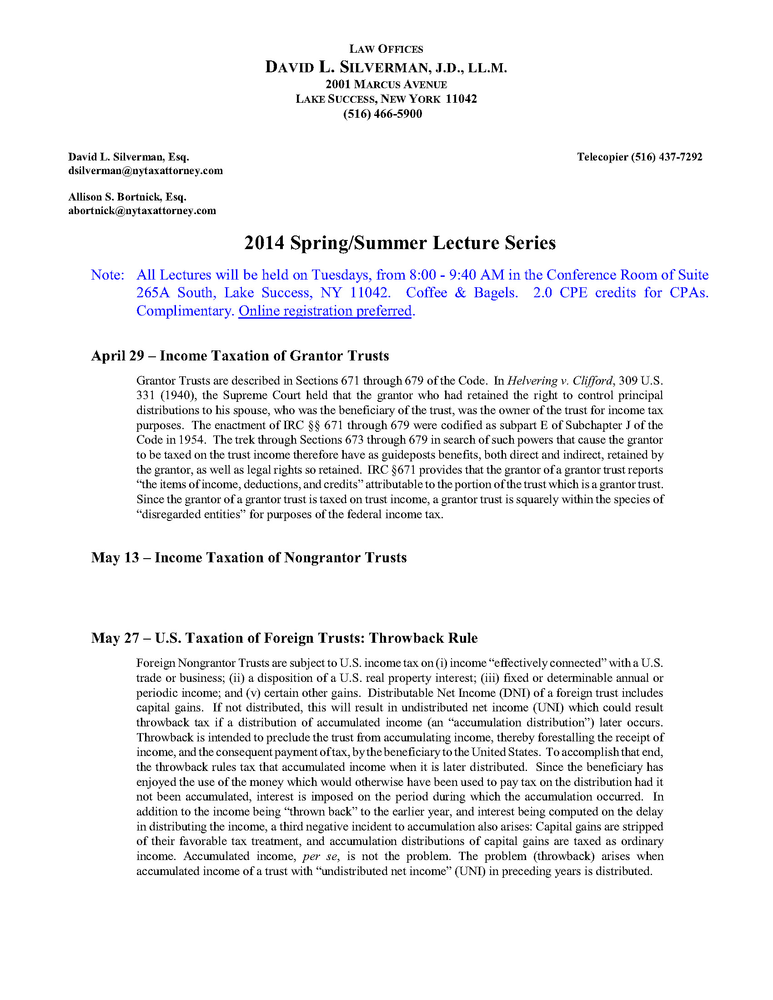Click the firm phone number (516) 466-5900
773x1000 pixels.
coord(382,114)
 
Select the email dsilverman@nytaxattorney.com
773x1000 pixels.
coord(145,171)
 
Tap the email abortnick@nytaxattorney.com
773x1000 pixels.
coord(142,210)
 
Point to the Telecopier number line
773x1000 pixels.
coord(639,157)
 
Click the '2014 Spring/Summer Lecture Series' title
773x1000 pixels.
coord(400,243)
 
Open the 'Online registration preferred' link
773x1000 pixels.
coord(325,311)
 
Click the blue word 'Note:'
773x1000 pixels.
coord(107,275)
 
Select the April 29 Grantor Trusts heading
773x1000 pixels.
coord(240,356)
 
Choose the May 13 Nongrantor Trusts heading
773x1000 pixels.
coord(249,557)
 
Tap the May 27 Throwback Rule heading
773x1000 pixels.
coord(284,638)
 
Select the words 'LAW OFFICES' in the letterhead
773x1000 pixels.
coord(386,49)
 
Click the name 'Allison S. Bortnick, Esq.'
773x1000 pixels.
coord(127,197)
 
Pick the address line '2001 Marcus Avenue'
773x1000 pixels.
coord(386,85)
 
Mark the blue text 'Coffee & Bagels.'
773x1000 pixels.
coord(462,293)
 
